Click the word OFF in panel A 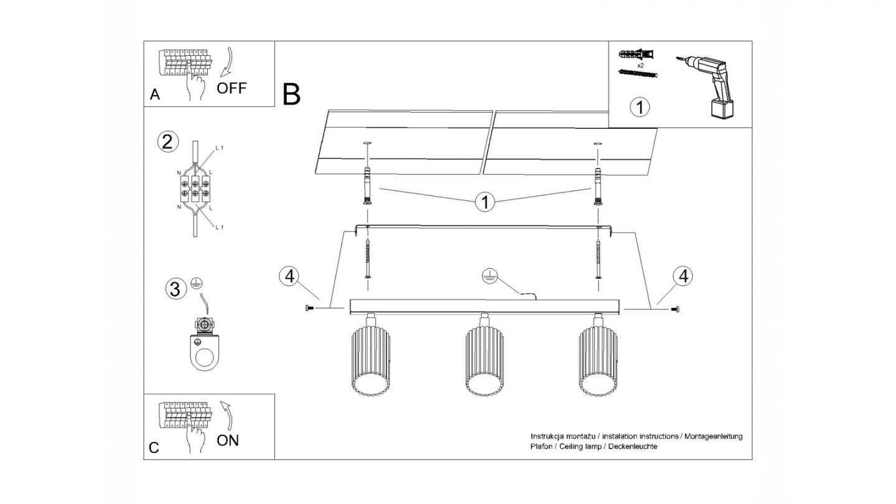pyautogui.click(x=231, y=88)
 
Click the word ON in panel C pyautogui.click(x=228, y=441)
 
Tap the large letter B pyautogui.click(x=291, y=94)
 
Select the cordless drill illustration pyautogui.click(x=710, y=86)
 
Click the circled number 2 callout pyautogui.click(x=166, y=141)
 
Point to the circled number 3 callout pyautogui.click(x=175, y=289)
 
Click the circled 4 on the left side pyautogui.click(x=289, y=276)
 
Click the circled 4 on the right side pyautogui.click(x=683, y=276)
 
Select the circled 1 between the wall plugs pyautogui.click(x=485, y=202)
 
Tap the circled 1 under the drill pyautogui.click(x=640, y=107)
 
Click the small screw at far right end pyautogui.click(x=676, y=309)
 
